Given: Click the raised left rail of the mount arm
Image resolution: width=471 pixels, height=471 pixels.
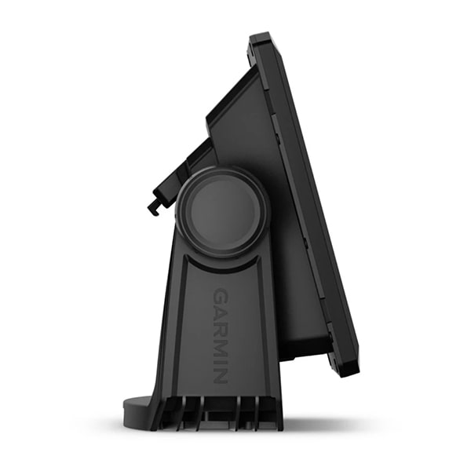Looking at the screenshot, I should coord(174,330).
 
